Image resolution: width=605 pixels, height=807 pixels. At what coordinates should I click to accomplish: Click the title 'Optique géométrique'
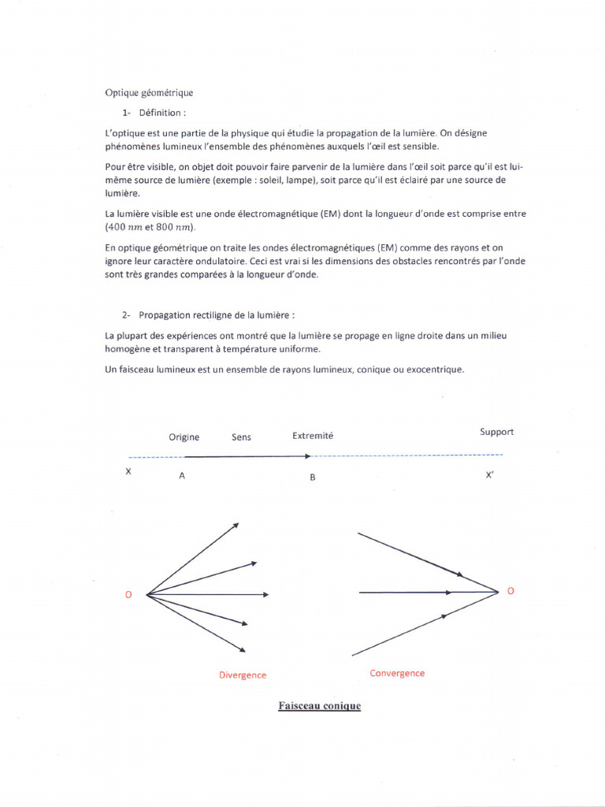(x=149, y=92)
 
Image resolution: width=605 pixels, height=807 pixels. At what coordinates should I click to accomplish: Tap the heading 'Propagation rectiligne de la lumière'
(x=217, y=314)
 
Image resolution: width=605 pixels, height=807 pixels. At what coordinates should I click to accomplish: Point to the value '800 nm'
(x=174, y=228)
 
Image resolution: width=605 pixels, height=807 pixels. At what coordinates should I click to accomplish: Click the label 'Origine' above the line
(x=184, y=437)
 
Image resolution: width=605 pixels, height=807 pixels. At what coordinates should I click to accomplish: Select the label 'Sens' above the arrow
(x=241, y=437)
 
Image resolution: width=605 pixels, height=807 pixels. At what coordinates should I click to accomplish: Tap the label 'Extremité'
(x=313, y=436)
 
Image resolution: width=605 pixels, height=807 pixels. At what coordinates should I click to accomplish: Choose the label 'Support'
(x=496, y=432)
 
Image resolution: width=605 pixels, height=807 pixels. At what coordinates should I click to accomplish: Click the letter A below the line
(x=182, y=476)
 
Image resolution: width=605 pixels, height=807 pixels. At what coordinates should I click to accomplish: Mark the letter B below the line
(x=313, y=478)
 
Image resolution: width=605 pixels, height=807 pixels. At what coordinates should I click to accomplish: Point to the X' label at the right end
(x=490, y=476)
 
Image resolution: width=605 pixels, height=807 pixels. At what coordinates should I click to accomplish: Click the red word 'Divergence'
(x=243, y=675)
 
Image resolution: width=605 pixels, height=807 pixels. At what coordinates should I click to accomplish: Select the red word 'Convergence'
(x=397, y=674)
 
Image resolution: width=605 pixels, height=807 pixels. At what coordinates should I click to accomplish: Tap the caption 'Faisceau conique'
(x=319, y=706)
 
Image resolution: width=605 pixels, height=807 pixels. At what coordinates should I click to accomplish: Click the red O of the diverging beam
(x=129, y=594)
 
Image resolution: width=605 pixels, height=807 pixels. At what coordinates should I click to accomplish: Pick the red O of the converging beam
(x=510, y=591)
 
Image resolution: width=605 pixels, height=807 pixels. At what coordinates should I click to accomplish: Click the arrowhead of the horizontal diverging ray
(x=266, y=594)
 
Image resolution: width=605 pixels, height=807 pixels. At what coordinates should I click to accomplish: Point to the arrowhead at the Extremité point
(x=309, y=456)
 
